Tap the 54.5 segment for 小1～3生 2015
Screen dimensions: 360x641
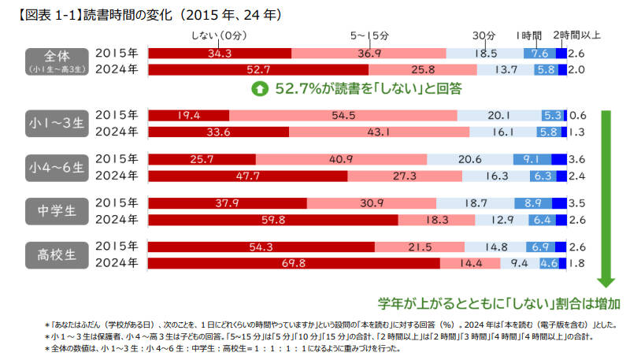click(x=343, y=115)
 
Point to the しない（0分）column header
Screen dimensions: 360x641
click(x=220, y=35)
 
